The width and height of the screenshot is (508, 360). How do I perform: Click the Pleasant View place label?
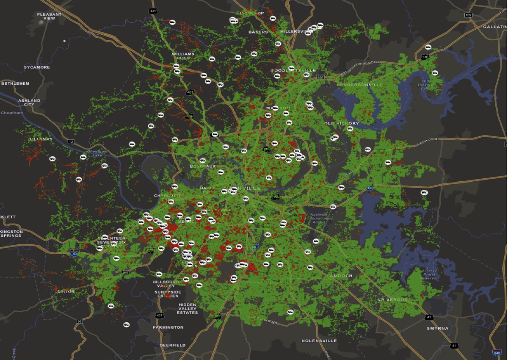point(49,16)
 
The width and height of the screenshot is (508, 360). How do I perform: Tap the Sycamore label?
point(37,67)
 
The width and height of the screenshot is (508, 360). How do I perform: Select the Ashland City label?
point(29,102)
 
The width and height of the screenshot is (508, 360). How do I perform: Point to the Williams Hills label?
point(183,56)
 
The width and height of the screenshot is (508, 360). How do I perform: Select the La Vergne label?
point(392,299)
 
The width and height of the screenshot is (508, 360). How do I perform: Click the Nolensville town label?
point(319,341)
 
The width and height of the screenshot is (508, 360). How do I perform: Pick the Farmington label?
point(168,327)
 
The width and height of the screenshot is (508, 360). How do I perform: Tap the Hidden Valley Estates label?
point(187,308)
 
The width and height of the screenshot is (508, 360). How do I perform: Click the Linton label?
point(66,291)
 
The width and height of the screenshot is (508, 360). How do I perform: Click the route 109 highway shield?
point(468,15)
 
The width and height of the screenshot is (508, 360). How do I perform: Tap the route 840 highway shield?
point(497,352)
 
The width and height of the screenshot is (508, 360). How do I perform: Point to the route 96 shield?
point(79,321)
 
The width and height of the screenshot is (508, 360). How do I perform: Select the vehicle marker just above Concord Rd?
point(290,312)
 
